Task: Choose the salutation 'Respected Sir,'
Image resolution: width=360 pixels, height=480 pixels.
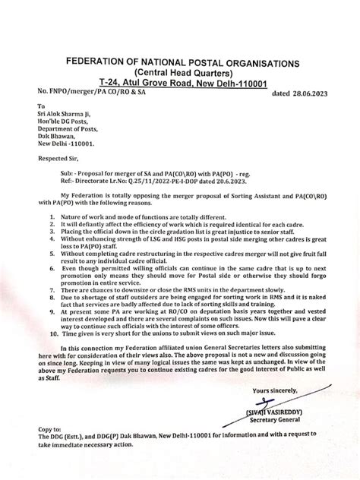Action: pyautogui.click(x=58, y=161)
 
